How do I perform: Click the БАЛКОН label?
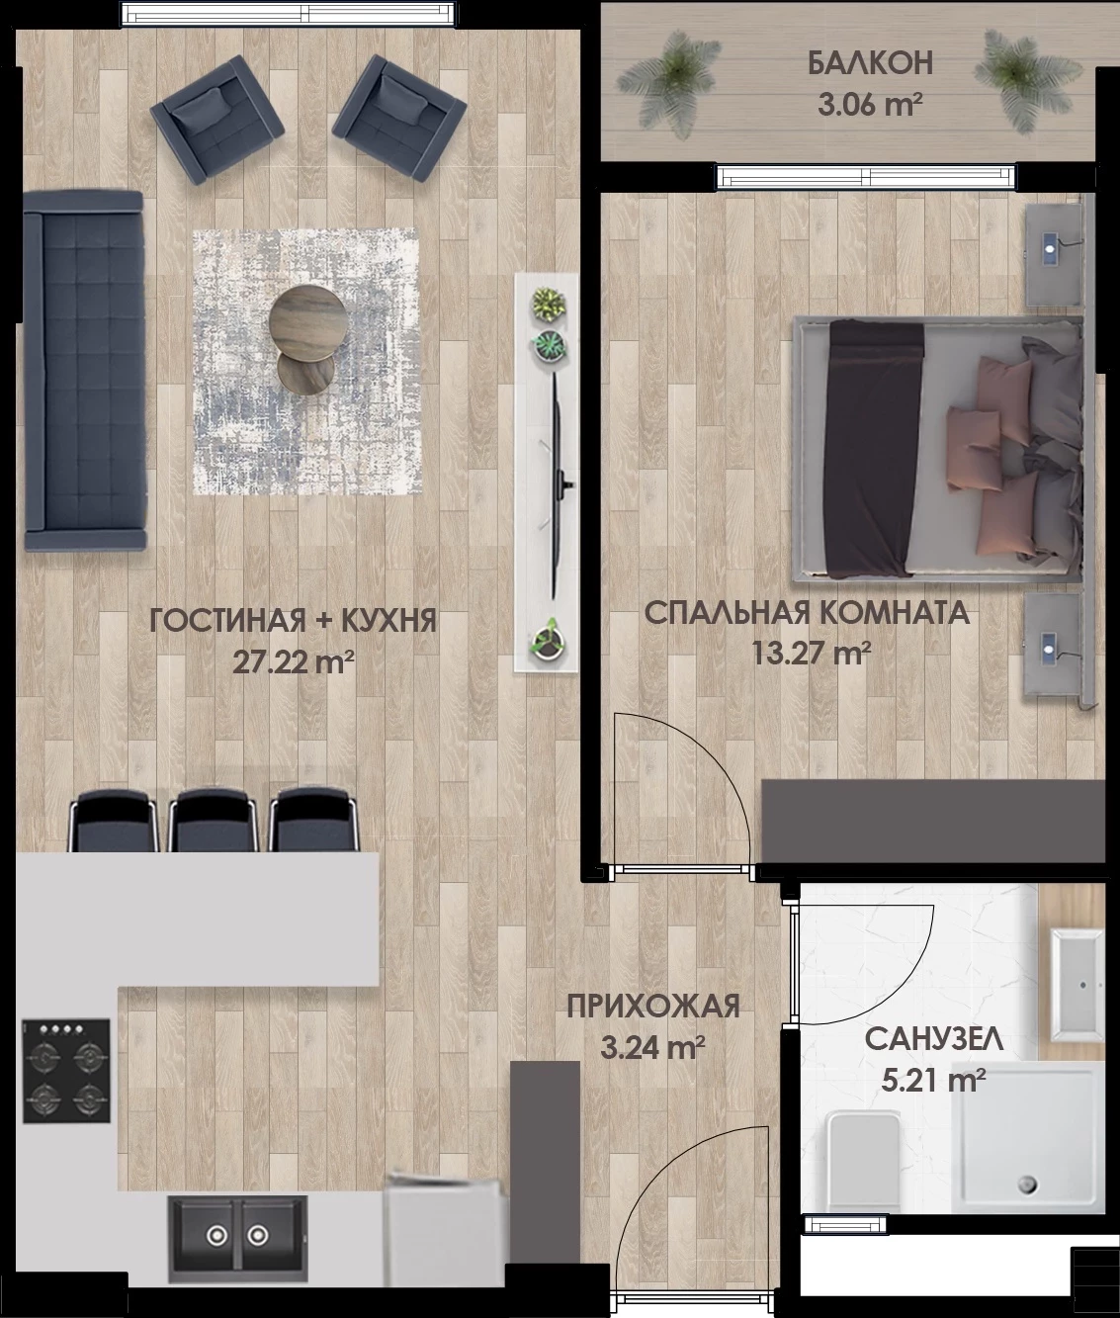(870, 63)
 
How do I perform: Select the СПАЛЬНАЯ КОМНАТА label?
(807, 613)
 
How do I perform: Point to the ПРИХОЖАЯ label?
(653, 1007)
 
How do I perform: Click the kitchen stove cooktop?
(66, 1071)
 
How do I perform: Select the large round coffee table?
(308, 320)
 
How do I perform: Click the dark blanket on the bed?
(875, 450)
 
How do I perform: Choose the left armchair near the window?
(217, 120)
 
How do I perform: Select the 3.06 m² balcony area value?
(871, 105)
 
